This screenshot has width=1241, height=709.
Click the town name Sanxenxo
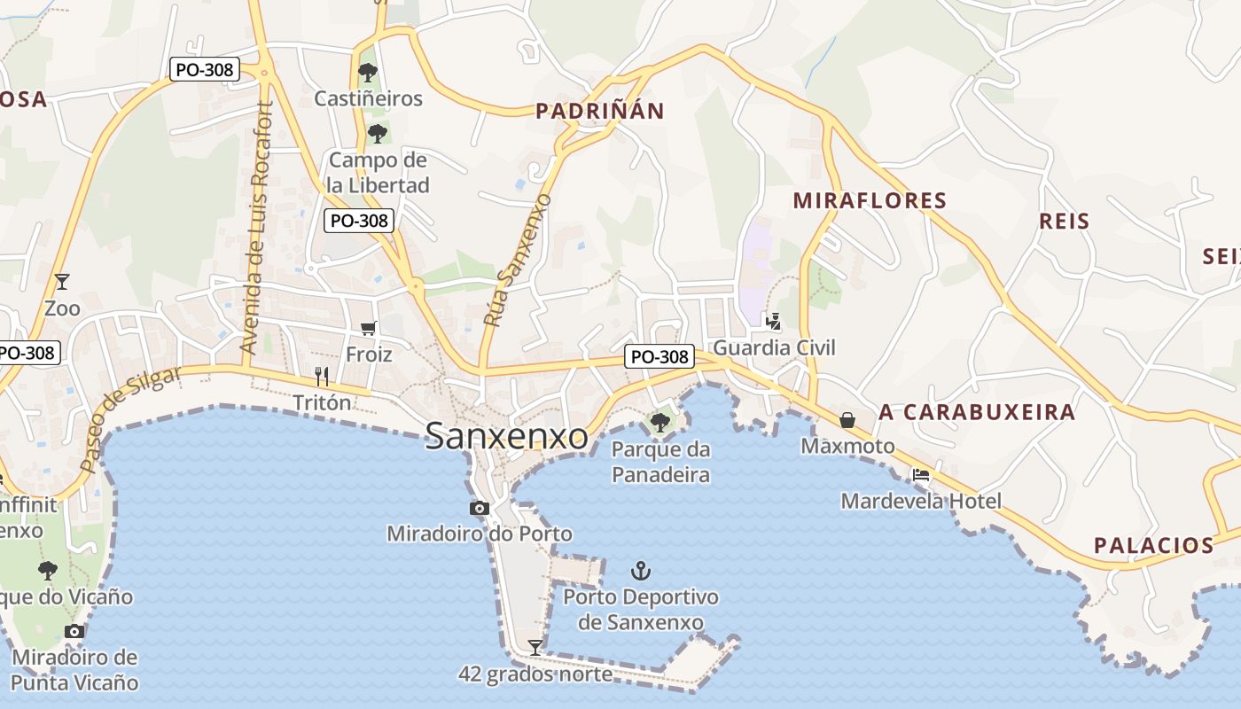[506, 436]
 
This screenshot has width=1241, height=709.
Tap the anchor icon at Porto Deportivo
[640, 570]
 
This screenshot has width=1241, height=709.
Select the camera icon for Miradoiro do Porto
[479, 508]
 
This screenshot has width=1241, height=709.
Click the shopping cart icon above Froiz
[369, 329]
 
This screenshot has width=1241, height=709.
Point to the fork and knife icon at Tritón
[322, 377]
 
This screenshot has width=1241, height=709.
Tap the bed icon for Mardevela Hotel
[921, 475]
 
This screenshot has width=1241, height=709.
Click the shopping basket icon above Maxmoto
[847, 420]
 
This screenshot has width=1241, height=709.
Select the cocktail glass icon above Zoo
[61, 282]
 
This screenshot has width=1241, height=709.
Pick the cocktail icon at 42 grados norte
[535, 647]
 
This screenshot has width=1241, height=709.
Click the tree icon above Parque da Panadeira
[660, 423]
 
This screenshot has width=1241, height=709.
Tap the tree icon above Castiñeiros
[368, 73]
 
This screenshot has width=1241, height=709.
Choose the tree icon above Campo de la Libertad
[378, 135]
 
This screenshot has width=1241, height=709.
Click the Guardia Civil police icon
[774, 321]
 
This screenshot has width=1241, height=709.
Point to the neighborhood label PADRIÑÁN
[600, 111]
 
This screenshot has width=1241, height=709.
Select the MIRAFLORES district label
[870, 200]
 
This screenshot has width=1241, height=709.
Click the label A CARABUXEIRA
[977, 412]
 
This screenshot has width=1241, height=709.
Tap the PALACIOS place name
[1153, 545]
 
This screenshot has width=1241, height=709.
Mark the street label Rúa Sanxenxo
[518, 261]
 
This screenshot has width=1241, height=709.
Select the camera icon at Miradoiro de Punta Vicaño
[74, 631]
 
